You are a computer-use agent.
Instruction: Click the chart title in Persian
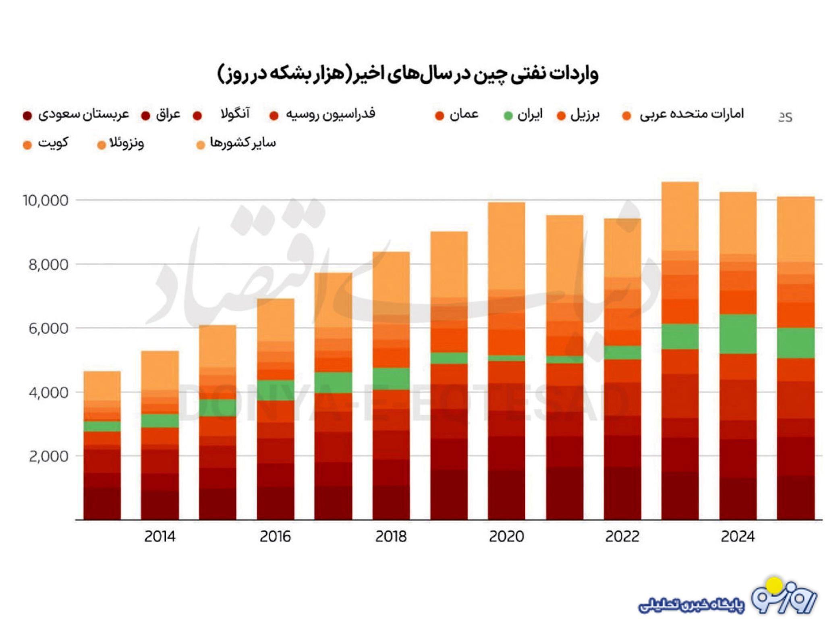[x=408, y=75]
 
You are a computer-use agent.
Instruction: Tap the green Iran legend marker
[x=508, y=116]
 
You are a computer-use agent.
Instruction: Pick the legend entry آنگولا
[x=235, y=114]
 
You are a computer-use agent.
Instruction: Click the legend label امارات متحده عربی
[x=691, y=114]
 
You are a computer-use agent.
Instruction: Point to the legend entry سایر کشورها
[x=243, y=143]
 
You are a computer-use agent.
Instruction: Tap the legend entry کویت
[x=53, y=143]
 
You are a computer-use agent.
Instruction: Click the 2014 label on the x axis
[x=160, y=536]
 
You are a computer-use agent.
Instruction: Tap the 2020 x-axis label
[x=506, y=536]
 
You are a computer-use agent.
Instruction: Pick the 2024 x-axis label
[x=738, y=536]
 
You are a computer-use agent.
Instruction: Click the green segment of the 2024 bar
[x=738, y=334]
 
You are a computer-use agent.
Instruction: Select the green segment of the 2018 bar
[x=391, y=378]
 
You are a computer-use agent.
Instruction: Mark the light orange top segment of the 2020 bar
[x=506, y=246]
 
